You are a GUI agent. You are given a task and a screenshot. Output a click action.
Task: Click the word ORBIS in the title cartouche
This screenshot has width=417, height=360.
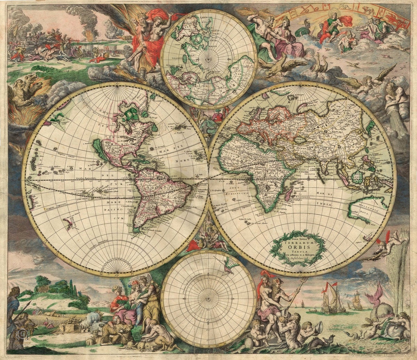click(298, 243)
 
